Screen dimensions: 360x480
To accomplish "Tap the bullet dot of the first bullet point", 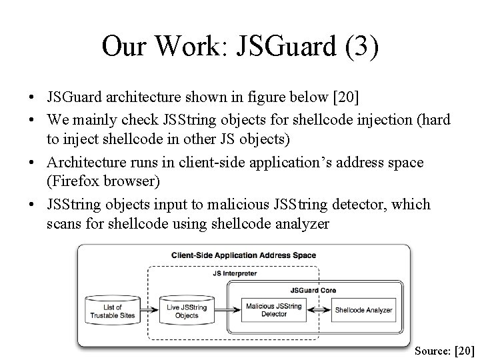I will point(33,99).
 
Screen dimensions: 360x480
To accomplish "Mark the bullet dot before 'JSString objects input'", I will point(33,205).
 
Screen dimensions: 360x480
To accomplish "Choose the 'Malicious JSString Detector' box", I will point(274,310).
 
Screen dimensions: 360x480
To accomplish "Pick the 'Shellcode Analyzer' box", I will point(363,310).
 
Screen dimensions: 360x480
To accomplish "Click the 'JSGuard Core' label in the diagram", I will point(313,290).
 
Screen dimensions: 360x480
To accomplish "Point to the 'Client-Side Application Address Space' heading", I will point(244,255).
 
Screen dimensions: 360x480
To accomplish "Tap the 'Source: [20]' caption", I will point(444,350).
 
